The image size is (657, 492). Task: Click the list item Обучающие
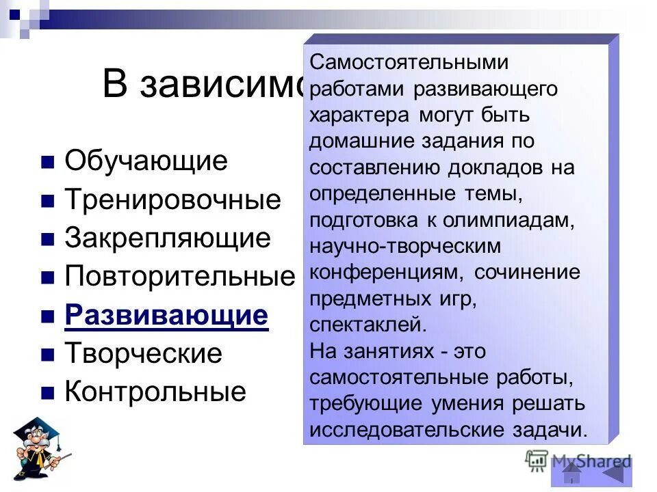click(x=145, y=162)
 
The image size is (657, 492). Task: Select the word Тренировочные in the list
click(x=172, y=200)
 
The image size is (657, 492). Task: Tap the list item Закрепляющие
click(x=168, y=238)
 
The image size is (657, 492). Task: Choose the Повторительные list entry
click(x=179, y=277)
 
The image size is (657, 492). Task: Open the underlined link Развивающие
click(x=166, y=316)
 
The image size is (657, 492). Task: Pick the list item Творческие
click(x=143, y=354)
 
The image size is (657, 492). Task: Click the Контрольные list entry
click(x=155, y=392)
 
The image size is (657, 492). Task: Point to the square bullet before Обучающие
click(x=47, y=163)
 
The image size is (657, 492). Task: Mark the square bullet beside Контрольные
click(x=47, y=393)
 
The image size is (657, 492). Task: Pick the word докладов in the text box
click(x=484, y=168)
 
